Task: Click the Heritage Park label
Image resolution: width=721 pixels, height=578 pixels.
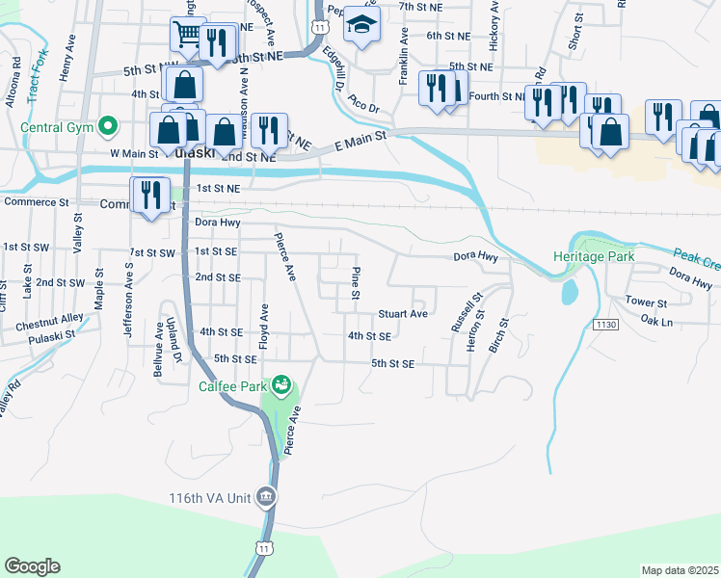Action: click(x=594, y=257)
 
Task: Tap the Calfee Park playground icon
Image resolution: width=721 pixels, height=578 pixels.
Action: click(x=281, y=386)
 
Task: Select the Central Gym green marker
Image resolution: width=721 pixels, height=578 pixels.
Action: click(x=108, y=125)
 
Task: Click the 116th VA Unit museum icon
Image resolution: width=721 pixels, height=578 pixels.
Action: click(x=266, y=497)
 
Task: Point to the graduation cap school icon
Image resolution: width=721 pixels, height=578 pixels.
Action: click(x=362, y=25)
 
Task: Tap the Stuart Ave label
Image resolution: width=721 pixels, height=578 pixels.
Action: click(x=403, y=314)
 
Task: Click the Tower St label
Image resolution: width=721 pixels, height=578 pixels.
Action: click(x=646, y=302)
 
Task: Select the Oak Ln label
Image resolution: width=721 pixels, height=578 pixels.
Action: click(x=655, y=321)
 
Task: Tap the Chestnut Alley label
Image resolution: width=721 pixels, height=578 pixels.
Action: click(x=49, y=325)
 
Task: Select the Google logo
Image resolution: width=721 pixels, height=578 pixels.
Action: click(x=32, y=566)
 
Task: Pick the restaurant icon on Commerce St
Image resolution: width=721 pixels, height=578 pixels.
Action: click(x=148, y=195)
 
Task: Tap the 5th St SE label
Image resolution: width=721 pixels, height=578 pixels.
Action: click(x=392, y=364)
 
